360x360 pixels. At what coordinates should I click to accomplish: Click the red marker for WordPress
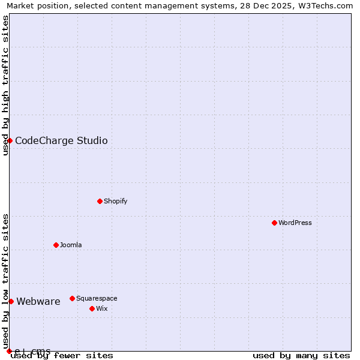point(274,223)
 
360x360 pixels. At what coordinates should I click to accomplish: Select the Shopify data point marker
point(100,201)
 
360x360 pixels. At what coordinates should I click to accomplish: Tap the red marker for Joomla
point(56,245)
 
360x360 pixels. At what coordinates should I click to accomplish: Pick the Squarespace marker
point(72,298)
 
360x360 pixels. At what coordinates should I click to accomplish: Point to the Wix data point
point(92,308)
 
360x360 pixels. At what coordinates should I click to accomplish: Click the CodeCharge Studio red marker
point(10,140)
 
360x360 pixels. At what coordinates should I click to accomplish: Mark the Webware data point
point(11,301)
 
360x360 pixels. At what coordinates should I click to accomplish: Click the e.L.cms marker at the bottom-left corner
point(9,351)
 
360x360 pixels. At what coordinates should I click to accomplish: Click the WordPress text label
point(295,223)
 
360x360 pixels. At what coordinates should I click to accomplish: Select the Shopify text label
point(116,201)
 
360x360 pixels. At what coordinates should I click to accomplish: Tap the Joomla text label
point(71,245)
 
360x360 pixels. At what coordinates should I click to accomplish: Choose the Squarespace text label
point(97,298)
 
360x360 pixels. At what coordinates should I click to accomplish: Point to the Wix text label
point(102,308)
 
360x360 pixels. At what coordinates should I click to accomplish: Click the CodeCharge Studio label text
point(61,141)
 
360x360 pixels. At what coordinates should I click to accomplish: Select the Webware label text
point(38,302)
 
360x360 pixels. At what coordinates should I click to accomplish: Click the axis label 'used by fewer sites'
point(62,356)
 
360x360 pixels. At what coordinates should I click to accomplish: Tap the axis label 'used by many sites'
point(301,356)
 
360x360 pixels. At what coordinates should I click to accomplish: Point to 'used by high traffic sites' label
point(5,85)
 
